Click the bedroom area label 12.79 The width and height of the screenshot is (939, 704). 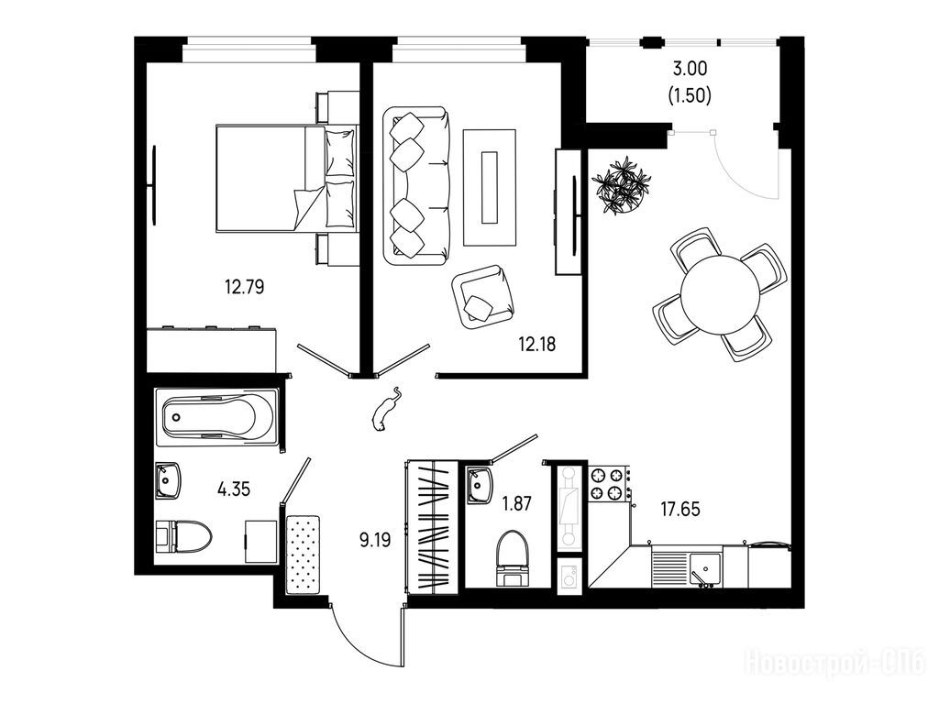[244, 287]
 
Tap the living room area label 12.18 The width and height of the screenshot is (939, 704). [536, 345]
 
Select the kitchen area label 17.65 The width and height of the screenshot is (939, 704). [680, 510]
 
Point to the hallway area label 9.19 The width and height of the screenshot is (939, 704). [375, 541]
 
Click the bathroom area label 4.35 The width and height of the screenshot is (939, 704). [234, 489]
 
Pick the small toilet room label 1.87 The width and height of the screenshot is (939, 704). [516, 503]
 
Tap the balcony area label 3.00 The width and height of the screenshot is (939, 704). [690, 69]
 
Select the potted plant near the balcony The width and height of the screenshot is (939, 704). [622, 185]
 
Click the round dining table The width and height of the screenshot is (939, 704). [721, 294]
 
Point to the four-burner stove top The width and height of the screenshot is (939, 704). [606, 484]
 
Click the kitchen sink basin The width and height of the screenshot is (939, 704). [705, 568]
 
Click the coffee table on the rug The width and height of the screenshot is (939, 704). [490, 187]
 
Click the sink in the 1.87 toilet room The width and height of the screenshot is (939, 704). [479, 486]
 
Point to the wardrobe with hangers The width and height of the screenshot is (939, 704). [433, 527]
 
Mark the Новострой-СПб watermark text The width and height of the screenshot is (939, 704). [834, 664]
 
